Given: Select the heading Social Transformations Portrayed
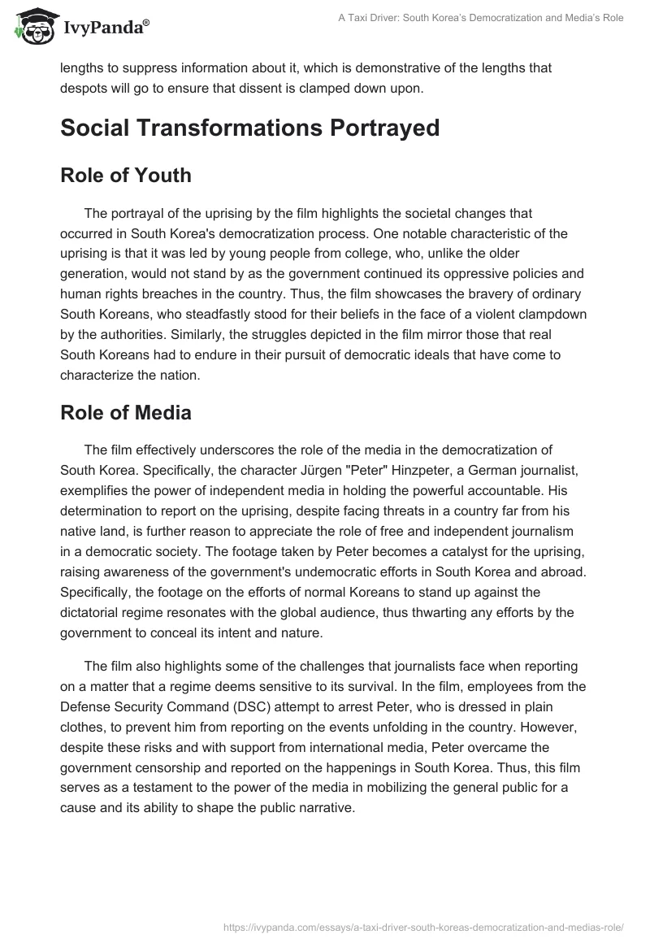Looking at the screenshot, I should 249,128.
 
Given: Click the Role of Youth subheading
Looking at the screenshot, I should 126,175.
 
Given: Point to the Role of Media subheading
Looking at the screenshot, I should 126,412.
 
